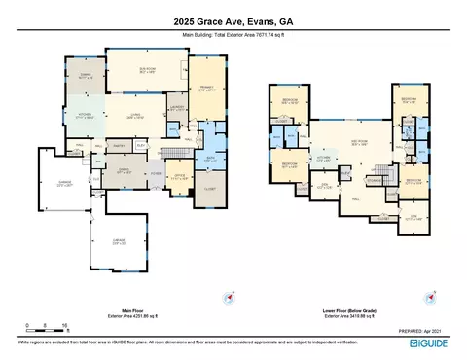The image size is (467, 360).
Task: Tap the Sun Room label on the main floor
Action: (x=149, y=70)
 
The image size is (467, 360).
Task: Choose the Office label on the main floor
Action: (x=179, y=177)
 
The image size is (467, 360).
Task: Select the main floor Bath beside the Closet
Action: (x=211, y=160)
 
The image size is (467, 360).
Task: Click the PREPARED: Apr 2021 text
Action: (x=429, y=332)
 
